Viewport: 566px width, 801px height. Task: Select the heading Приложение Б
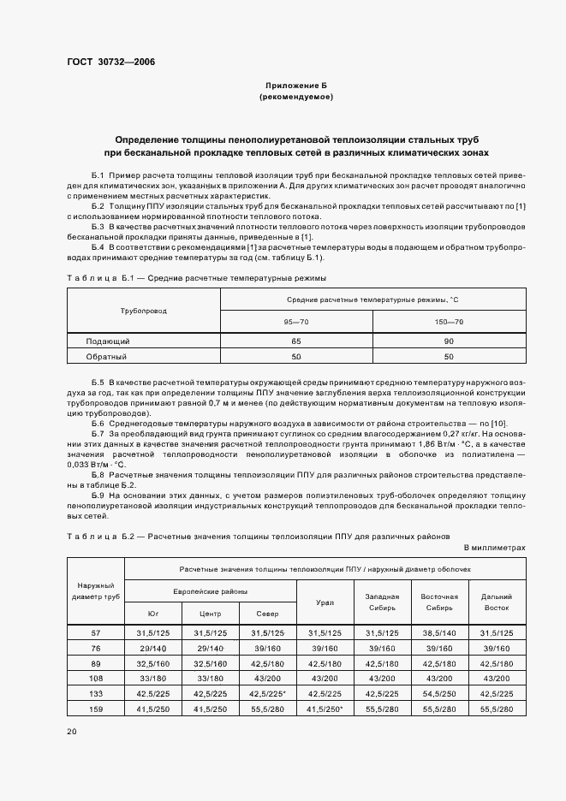click(x=296, y=86)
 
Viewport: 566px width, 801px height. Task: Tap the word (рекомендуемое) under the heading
click(x=296, y=98)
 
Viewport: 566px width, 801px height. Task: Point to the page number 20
click(x=71, y=732)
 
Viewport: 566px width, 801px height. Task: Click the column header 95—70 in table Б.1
click(x=296, y=322)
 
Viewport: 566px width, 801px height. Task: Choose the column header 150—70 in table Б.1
click(x=449, y=322)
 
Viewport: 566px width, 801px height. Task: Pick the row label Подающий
click(x=107, y=341)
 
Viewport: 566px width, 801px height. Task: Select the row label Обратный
click(x=106, y=356)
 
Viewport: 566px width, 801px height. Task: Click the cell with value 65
click(x=296, y=341)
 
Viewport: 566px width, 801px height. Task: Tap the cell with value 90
click(x=449, y=341)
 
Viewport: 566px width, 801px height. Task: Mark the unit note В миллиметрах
click(x=494, y=547)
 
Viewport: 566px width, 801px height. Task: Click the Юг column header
click(x=153, y=614)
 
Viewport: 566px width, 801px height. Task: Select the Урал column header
click(x=325, y=602)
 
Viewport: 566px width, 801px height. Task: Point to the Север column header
click(x=267, y=614)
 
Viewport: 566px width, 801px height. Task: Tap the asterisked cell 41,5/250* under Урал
click(x=325, y=709)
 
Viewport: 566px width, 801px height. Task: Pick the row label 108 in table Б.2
click(x=96, y=679)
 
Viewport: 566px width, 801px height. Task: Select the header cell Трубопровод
click(x=144, y=311)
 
